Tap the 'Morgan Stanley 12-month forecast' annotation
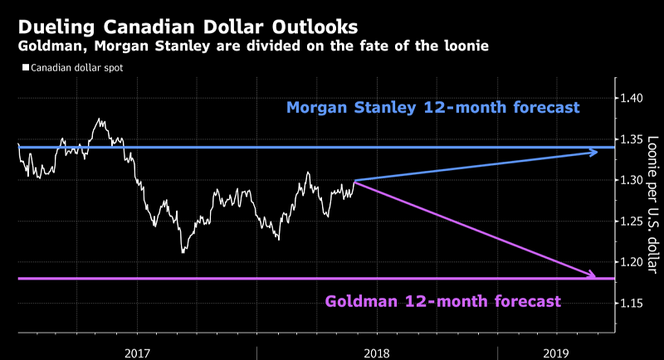(432, 108)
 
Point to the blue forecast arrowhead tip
(598, 151)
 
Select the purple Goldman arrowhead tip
(596, 276)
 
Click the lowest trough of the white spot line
(183, 252)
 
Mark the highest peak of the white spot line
(100, 119)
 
